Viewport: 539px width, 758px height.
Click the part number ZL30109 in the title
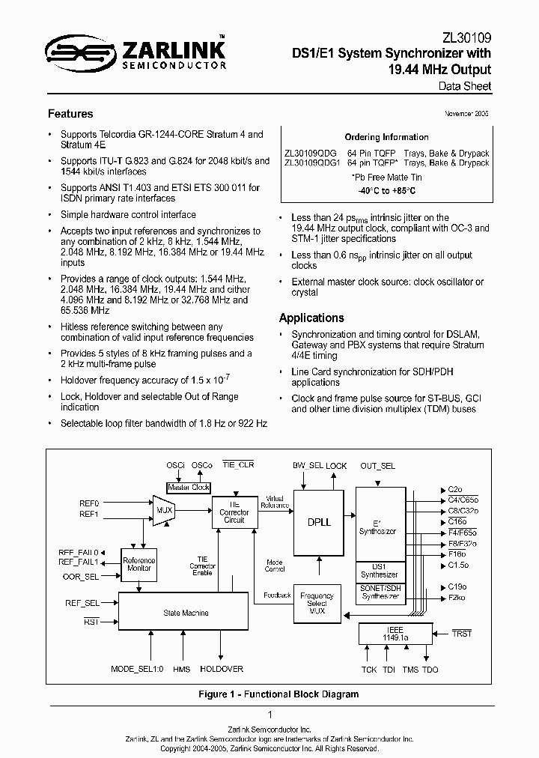(x=467, y=37)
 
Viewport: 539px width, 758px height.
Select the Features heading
(x=70, y=114)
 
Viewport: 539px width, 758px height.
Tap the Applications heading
(x=311, y=318)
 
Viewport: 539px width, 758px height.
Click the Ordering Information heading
(x=386, y=137)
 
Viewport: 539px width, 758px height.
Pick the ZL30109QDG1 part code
(x=312, y=163)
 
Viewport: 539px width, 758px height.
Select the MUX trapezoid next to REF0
(x=162, y=509)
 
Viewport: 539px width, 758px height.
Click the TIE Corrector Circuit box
(x=234, y=512)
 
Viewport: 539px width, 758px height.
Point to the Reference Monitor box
(x=138, y=564)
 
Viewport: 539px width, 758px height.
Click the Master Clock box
(x=189, y=487)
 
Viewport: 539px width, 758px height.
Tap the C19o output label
(x=457, y=586)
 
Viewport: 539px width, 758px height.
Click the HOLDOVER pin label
(x=221, y=669)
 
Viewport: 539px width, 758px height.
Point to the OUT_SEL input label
(x=377, y=465)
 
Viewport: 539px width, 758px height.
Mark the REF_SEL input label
(x=82, y=602)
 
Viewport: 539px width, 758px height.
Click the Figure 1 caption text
(x=278, y=694)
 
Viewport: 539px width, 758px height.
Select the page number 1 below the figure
(x=269, y=715)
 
